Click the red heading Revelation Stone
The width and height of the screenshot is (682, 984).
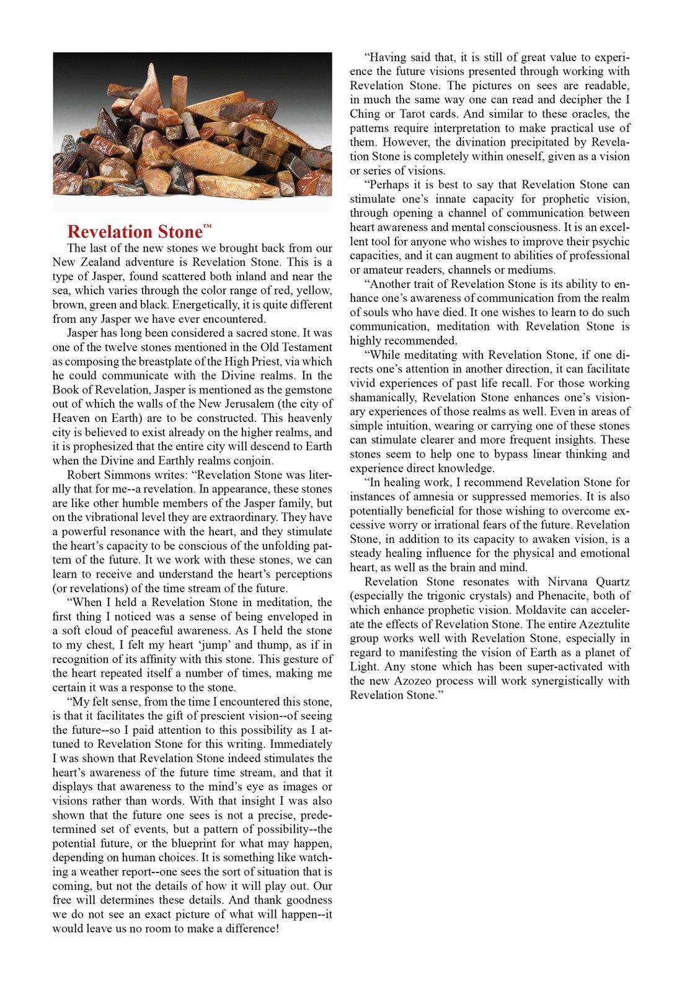[x=135, y=232]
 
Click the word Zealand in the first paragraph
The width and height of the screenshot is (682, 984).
[x=95, y=262]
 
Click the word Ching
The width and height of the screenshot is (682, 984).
[x=365, y=114]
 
